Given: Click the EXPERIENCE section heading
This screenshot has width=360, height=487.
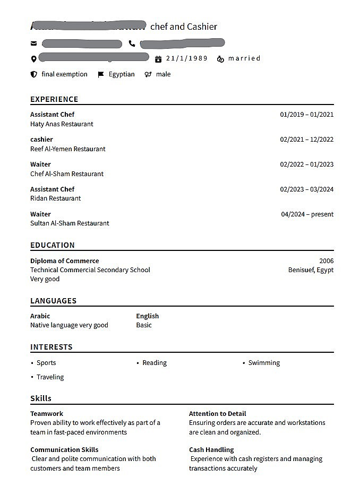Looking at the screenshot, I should [x=54, y=99].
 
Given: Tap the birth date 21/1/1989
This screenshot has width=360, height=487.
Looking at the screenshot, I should [x=186, y=58].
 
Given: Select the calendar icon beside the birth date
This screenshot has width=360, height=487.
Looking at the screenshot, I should [x=158, y=59].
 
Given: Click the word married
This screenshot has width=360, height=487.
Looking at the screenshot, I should [x=244, y=58].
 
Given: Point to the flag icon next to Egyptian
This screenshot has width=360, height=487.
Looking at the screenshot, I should [x=101, y=75].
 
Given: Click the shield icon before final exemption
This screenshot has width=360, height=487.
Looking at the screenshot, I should [x=34, y=75].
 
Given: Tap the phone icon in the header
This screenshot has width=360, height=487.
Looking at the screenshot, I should [x=132, y=44].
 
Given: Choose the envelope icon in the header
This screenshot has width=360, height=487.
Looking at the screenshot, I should [x=34, y=44].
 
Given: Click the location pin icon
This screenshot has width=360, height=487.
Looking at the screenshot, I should [x=34, y=59].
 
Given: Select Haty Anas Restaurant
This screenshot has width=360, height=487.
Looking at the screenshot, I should [x=62, y=124].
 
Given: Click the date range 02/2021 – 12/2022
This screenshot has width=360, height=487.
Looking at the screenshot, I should [x=307, y=140].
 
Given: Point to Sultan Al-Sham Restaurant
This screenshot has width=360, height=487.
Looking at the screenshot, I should [x=70, y=223].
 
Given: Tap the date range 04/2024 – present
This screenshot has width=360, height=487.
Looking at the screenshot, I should [x=307, y=214].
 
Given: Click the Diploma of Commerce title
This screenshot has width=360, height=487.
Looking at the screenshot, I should [x=64, y=261].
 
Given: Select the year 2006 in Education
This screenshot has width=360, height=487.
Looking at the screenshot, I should [x=327, y=261].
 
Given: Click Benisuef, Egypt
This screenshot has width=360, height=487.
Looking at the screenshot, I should [x=311, y=270].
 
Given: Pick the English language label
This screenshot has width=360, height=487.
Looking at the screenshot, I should [x=147, y=316].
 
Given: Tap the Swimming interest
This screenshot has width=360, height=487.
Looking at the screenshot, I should [x=264, y=363].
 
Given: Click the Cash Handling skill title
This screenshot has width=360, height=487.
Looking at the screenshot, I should [x=211, y=450].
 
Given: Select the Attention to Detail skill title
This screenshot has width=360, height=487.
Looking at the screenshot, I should [x=217, y=414].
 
